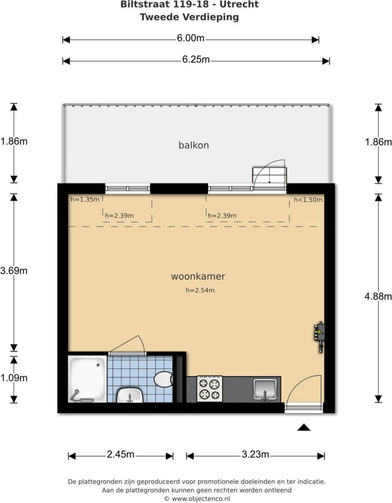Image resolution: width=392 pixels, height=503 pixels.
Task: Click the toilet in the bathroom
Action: click(x=164, y=379)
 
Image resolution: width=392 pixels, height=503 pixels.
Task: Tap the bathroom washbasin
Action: click(x=129, y=395)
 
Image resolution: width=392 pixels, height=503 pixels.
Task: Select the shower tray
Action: click(x=88, y=379)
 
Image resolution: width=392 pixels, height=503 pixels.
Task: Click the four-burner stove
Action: click(x=210, y=389)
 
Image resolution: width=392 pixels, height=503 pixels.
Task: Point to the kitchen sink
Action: click(x=265, y=389)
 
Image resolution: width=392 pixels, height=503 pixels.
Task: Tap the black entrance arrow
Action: click(x=304, y=427)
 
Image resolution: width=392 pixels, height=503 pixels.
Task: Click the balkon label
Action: click(x=194, y=145)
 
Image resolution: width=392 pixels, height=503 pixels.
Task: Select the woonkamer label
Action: click(x=198, y=276)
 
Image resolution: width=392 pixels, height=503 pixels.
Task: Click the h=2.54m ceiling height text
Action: click(x=200, y=290)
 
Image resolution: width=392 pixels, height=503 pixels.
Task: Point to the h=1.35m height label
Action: click(x=85, y=199)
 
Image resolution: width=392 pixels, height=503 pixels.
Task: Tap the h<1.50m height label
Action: click(x=308, y=200)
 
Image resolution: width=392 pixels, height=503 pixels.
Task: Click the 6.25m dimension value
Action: click(x=196, y=59)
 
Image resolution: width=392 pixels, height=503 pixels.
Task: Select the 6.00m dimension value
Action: click(x=191, y=38)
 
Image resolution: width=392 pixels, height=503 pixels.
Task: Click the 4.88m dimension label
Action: click(x=378, y=296)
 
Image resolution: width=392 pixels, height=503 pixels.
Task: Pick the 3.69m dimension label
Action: click(x=14, y=271)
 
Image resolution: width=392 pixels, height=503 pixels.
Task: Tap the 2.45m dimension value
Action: click(x=121, y=454)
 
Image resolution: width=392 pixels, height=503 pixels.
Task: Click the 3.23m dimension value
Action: click(x=255, y=454)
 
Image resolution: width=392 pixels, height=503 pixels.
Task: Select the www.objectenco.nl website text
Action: click(x=201, y=499)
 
